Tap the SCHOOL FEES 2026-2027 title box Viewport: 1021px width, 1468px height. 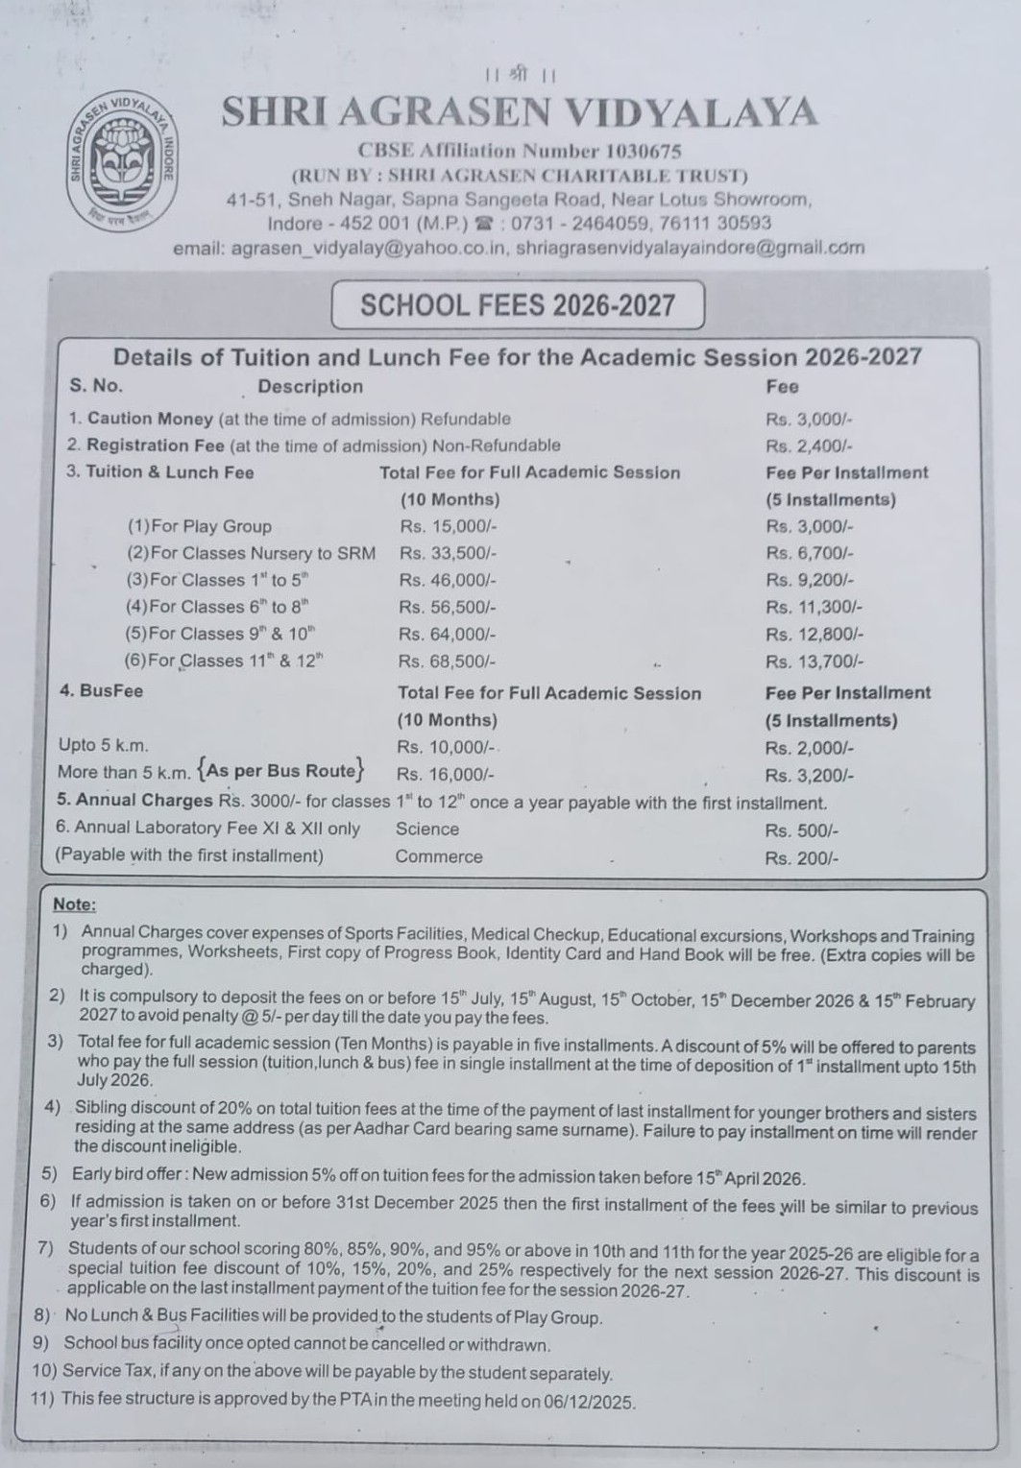(518, 305)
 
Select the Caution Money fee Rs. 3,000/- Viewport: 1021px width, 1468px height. (809, 419)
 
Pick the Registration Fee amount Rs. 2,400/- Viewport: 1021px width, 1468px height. (809, 445)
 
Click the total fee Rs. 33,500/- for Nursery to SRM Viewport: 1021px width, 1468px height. (448, 553)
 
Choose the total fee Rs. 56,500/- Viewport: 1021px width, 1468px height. (448, 607)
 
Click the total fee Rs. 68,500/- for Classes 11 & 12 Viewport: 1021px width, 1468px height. (448, 662)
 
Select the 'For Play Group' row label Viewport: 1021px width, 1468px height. (200, 526)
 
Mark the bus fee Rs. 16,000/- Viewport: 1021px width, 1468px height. (446, 775)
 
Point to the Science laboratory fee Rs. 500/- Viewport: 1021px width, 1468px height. (802, 830)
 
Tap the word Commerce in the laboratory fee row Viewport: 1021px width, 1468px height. (439, 856)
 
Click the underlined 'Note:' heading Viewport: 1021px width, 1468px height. (74, 904)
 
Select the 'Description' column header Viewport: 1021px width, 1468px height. (310, 386)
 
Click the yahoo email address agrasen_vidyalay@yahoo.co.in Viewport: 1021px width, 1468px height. (369, 248)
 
